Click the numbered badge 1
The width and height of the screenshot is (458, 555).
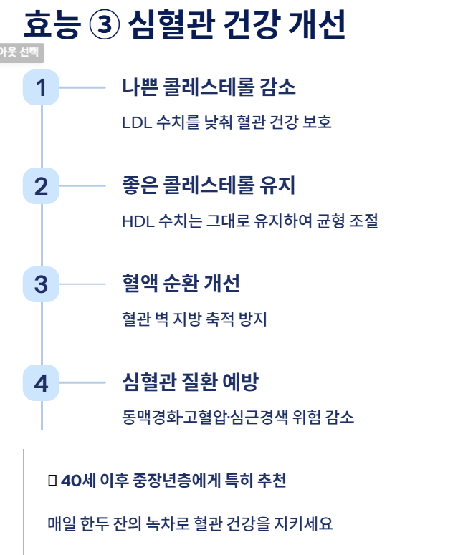41,87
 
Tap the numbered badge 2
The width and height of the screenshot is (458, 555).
41,186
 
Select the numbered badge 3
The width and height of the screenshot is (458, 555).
41,284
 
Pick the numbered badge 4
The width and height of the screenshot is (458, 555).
41,383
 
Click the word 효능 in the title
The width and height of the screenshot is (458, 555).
51,25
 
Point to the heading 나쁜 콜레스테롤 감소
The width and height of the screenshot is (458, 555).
209,87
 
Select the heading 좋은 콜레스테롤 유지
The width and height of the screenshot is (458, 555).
209,186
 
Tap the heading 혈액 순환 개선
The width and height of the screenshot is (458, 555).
181,284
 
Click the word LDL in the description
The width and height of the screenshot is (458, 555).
136,122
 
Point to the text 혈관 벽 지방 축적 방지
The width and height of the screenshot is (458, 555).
194,319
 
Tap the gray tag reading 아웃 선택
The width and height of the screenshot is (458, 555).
22,52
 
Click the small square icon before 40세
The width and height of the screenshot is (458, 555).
52,481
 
